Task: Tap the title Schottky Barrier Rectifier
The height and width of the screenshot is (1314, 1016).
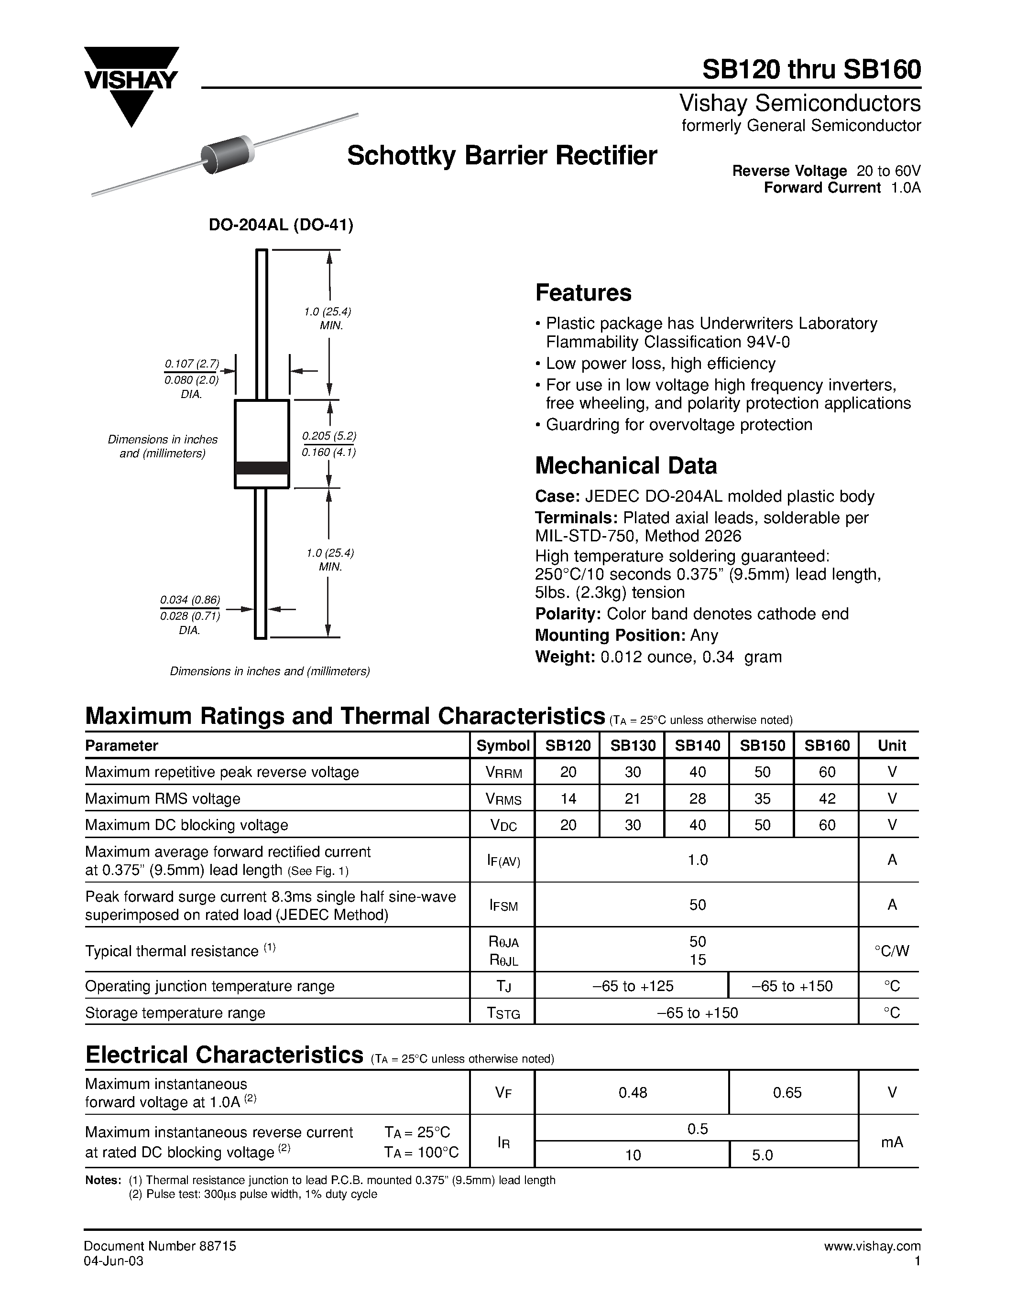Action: pyautogui.click(x=502, y=156)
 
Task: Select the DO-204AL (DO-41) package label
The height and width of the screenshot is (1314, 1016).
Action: pyautogui.click(x=281, y=225)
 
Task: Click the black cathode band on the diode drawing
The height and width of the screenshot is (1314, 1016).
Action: pyautogui.click(x=261, y=467)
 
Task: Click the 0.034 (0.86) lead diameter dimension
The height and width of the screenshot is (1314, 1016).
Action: pyautogui.click(x=190, y=600)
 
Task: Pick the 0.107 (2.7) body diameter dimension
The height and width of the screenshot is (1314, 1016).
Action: pyautogui.click(x=191, y=364)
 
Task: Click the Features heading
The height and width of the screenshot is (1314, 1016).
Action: pyautogui.click(x=583, y=293)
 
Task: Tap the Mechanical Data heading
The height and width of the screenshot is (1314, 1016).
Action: pyautogui.click(x=625, y=466)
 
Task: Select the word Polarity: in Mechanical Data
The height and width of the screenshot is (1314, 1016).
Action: pyautogui.click(x=568, y=614)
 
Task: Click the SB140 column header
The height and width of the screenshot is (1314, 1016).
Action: pyautogui.click(x=697, y=745)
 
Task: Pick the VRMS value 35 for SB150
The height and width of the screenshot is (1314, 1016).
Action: pyautogui.click(x=762, y=798)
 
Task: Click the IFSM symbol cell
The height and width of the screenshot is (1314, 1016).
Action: pyautogui.click(x=503, y=905)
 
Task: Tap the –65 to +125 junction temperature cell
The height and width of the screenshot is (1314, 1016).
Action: pyautogui.click(x=632, y=986)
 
